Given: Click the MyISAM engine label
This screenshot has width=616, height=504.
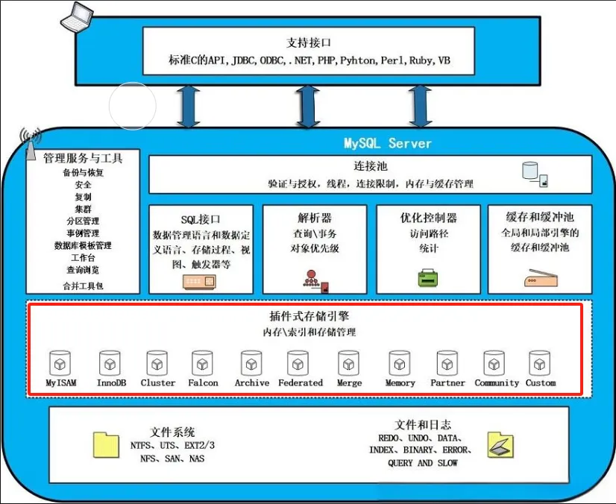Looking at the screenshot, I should (x=61, y=383).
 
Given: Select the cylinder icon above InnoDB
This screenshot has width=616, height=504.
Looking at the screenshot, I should (x=110, y=364).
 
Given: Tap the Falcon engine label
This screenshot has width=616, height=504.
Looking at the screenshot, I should (x=203, y=383).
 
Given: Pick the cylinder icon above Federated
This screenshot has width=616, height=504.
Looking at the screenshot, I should (x=299, y=364).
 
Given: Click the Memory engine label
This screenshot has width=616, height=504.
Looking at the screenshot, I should (x=400, y=383).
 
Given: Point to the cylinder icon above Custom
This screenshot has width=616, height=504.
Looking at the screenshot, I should (x=539, y=364).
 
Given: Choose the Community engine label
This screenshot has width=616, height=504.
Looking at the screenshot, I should (x=496, y=383).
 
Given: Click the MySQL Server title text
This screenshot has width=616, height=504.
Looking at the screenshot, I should (x=388, y=143).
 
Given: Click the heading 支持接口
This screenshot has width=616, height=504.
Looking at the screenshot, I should (x=308, y=42).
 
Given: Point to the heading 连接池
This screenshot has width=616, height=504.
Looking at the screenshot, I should (x=371, y=166).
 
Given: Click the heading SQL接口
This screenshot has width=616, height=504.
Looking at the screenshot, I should (x=201, y=219).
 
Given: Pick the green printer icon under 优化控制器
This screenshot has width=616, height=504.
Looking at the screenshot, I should (x=427, y=278).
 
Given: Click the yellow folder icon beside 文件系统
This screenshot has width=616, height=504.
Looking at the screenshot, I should (x=107, y=444).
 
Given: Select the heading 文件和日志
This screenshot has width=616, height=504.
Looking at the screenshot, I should (x=423, y=425).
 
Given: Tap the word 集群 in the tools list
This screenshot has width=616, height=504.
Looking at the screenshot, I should (x=83, y=209).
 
